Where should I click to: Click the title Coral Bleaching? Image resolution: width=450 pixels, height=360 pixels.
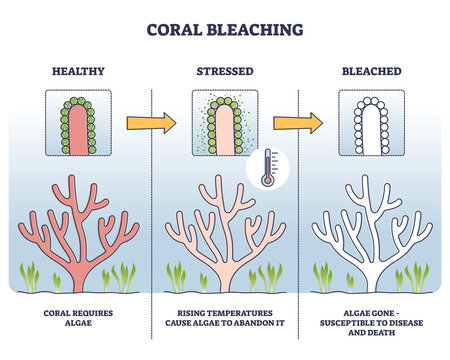(x=225, y=29)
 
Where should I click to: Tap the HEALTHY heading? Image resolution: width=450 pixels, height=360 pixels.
(x=81, y=72)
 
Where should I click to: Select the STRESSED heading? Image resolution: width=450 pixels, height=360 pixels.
(x=225, y=72)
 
